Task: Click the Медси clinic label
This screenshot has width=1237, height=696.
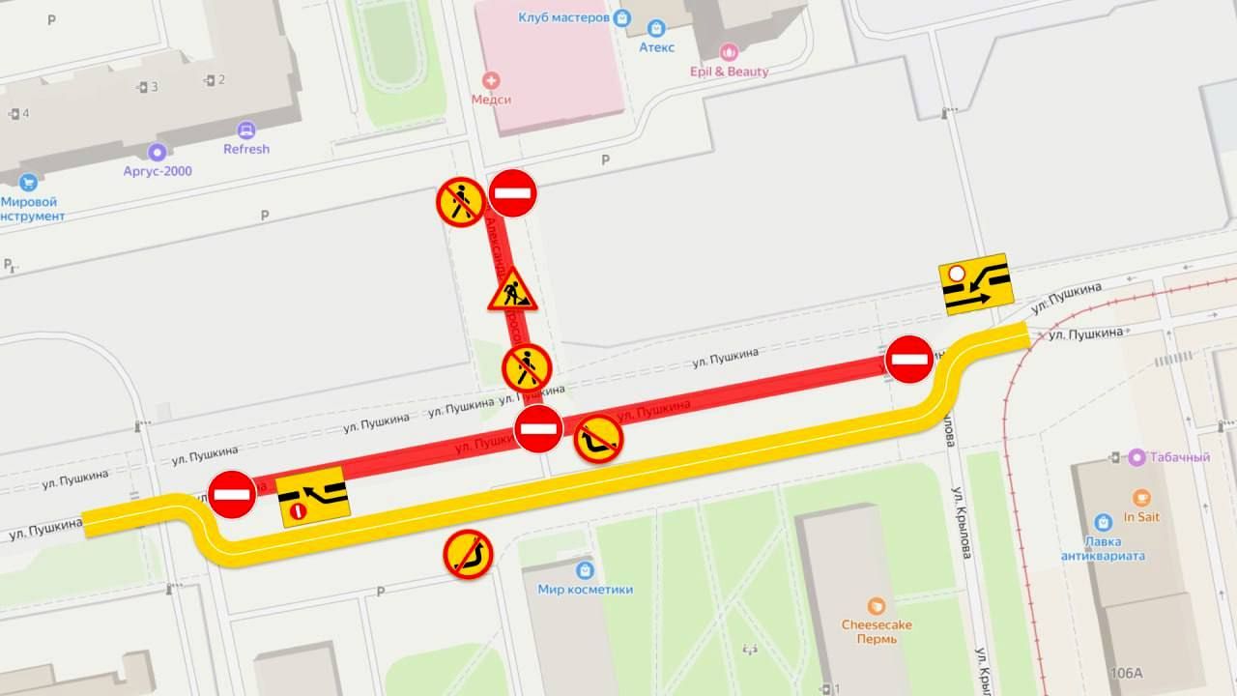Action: pyautogui.click(x=491, y=99)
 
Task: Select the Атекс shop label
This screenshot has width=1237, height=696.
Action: pyautogui.click(x=656, y=46)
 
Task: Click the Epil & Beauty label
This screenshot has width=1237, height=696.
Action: pyautogui.click(x=730, y=71)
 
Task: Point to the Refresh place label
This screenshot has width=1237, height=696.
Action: pyautogui.click(x=246, y=149)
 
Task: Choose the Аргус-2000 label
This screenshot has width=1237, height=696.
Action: pyautogui.click(x=158, y=170)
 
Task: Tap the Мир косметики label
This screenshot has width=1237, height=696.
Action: pyautogui.click(x=586, y=589)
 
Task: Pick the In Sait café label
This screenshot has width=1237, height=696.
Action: pyautogui.click(x=1141, y=516)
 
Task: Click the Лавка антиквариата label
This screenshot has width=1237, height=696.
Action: pyautogui.click(x=1103, y=548)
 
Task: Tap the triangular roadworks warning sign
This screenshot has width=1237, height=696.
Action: pyautogui.click(x=512, y=290)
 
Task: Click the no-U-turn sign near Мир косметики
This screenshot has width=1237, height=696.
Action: pyautogui.click(x=469, y=555)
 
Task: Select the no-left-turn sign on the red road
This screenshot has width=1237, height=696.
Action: pyautogui.click(x=599, y=440)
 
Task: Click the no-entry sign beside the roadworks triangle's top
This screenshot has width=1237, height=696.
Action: pyautogui.click(x=512, y=193)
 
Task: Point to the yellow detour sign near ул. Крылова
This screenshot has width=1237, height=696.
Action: pyautogui.click(x=974, y=284)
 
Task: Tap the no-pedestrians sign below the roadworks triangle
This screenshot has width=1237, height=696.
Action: pyautogui.click(x=527, y=368)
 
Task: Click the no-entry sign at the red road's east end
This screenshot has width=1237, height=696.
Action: pyautogui.click(x=909, y=360)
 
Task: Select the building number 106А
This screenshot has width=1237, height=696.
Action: pyautogui.click(x=1126, y=673)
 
